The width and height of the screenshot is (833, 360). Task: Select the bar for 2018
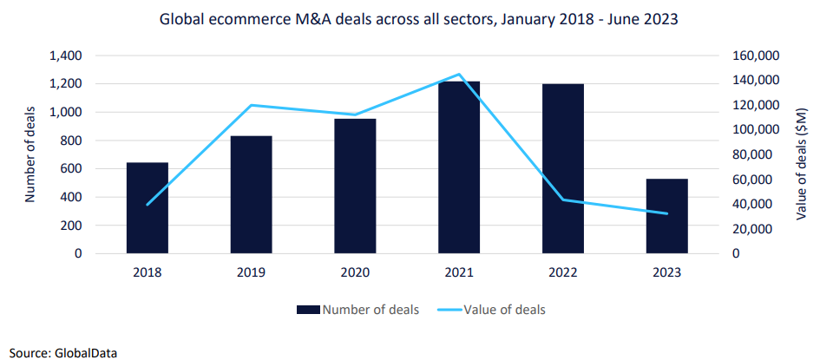[148, 208]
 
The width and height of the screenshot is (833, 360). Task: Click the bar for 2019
[252, 195]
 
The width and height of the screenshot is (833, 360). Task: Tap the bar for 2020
[356, 187]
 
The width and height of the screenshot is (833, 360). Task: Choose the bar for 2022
[563, 169]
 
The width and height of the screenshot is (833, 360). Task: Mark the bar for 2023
[667, 216]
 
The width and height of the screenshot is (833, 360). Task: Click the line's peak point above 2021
[459, 75]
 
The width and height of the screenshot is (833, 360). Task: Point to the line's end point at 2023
[667, 213]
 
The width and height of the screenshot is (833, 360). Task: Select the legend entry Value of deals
[502, 309]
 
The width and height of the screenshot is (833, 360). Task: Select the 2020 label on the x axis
[356, 272]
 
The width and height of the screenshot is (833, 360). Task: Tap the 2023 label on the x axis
[667, 272]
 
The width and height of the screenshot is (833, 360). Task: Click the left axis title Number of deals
[30, 154]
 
